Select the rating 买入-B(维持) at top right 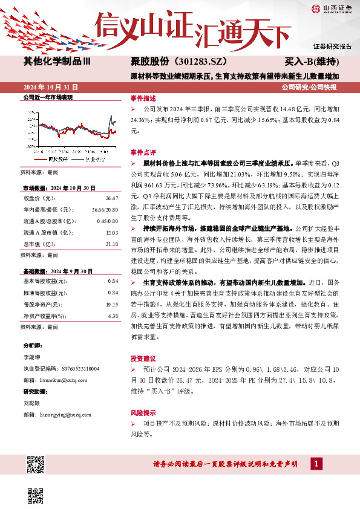311,62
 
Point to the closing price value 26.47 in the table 111,198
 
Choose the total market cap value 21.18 111,243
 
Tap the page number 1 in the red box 315,464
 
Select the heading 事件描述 143,98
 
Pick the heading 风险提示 143,412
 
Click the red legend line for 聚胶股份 42,160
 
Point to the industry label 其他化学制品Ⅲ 57,62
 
